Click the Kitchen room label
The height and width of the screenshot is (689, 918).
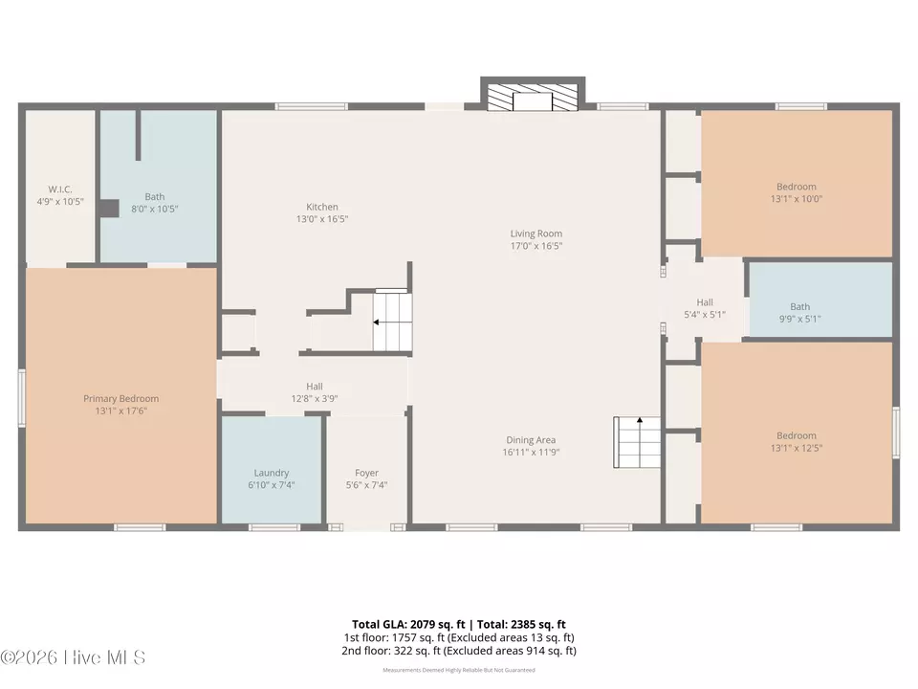pos(322,207)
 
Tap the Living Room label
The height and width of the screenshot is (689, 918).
pos(536,233)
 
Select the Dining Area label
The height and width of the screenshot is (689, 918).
pos(531,440)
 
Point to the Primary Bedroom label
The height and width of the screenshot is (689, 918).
pos(121,398)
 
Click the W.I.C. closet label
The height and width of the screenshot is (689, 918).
pos(60,189)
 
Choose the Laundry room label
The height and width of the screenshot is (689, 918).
pos(272,473)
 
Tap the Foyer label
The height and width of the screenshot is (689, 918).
pos(366,473)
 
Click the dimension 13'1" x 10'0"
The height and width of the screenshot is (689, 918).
pos(797,199)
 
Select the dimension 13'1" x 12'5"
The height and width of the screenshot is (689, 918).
pos(797,448)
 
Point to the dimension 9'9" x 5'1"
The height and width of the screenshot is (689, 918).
pos(799,319)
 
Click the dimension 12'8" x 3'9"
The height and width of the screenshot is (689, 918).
pos(315,399)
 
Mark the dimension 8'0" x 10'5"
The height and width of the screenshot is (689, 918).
pos(155,210)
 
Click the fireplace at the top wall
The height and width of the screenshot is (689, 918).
pos(533,94)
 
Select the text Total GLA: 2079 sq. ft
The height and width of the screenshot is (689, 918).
pos(408,625)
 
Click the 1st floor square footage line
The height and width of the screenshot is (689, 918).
pos(459,637)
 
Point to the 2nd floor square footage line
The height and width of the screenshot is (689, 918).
pos(459,651)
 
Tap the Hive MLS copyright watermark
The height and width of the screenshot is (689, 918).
pos(73,657)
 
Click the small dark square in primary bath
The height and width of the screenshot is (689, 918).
pos(108,208)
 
